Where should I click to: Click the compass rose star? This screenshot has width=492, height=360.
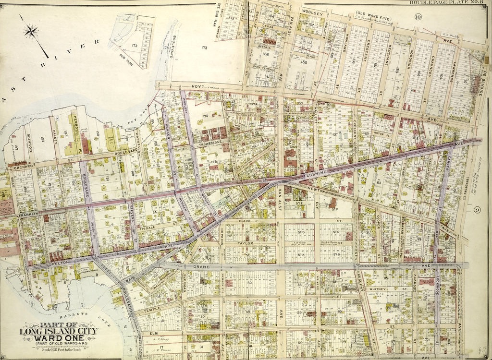coord(32,32)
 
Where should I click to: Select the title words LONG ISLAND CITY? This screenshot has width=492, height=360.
coord(58,331)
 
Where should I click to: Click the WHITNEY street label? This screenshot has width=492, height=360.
coord(378,289)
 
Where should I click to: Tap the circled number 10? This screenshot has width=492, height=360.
coord(418,17)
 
